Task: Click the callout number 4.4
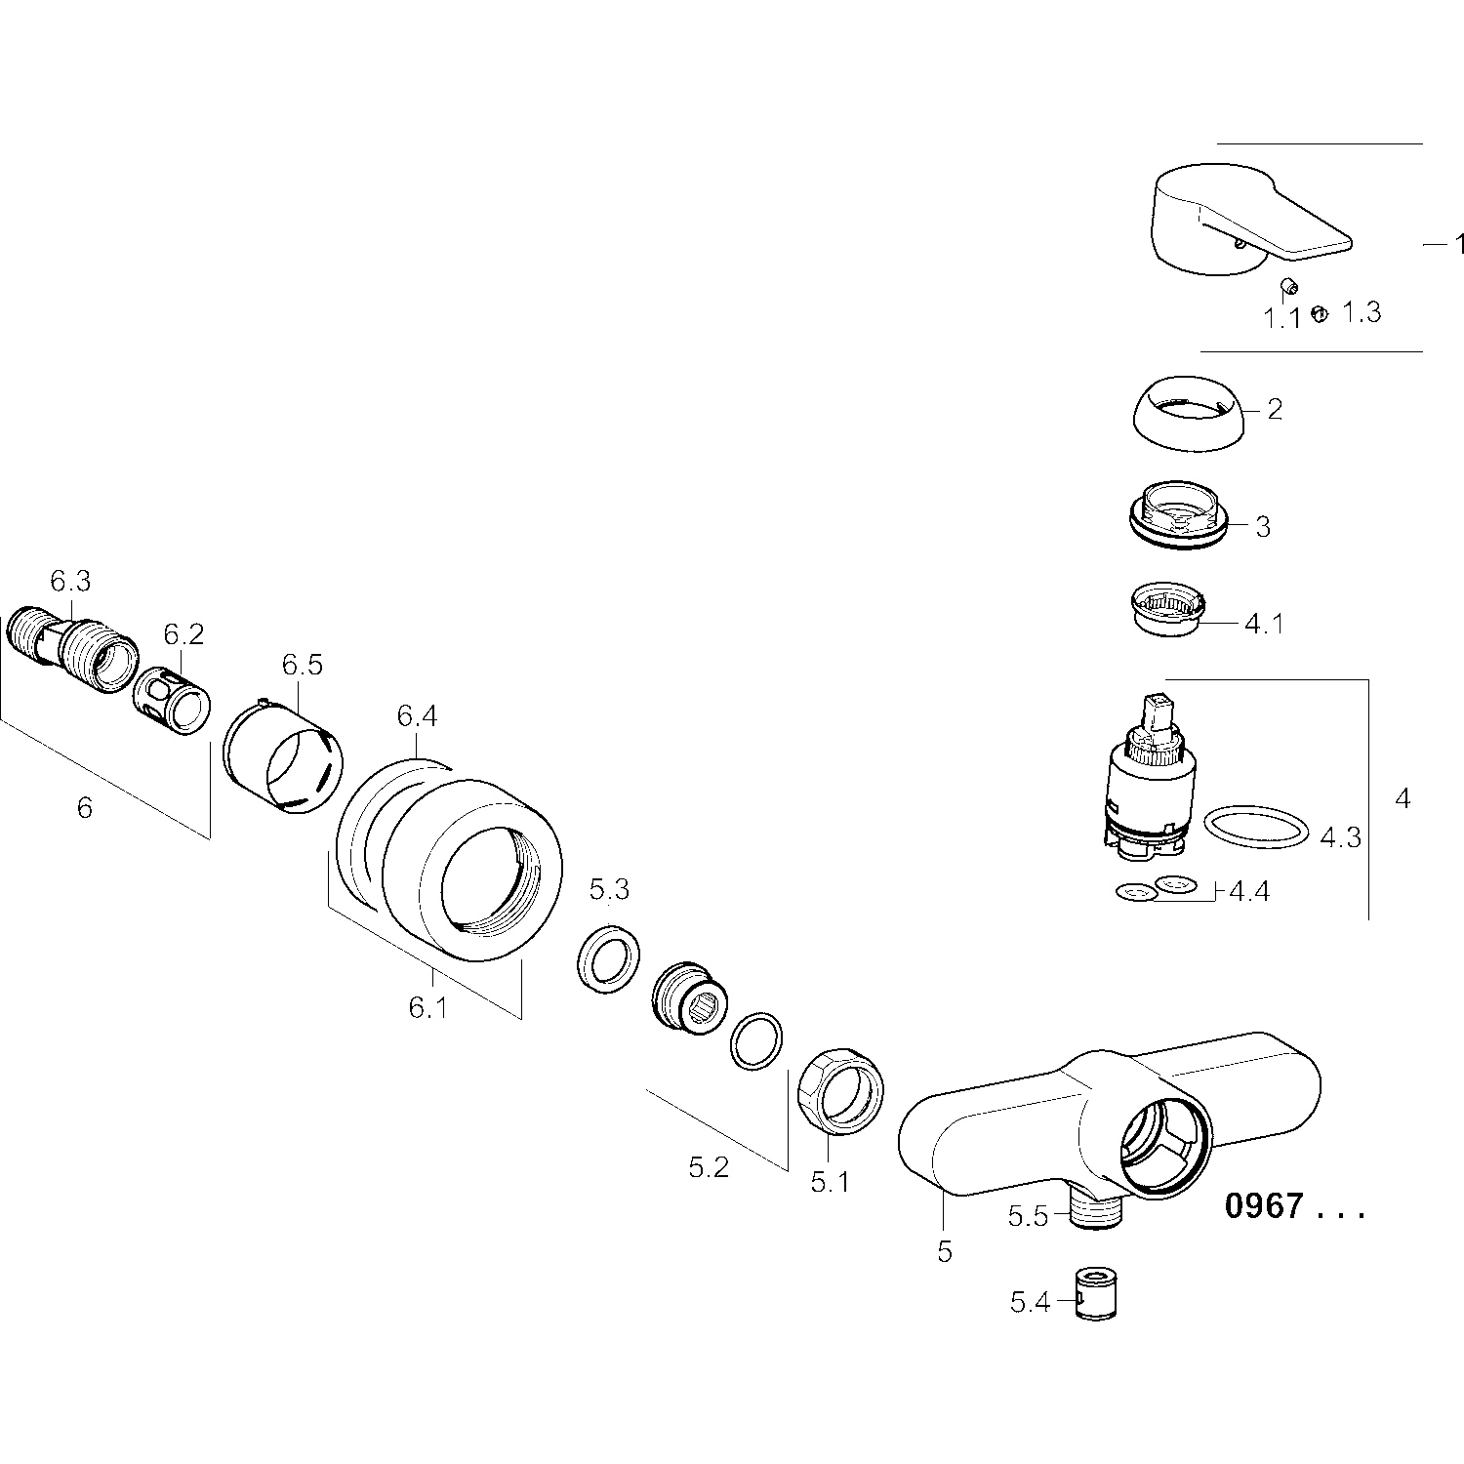pyautogui.click(x=1248, y=892)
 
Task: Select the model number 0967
pyautogui.click(x=1264, y=1206)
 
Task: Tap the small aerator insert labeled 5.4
pyautogui.click(x=1095, y=1294)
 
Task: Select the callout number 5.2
pyautogui.click(x=709, y=1166)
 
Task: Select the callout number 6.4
pyautogui.click(x=417, y=717)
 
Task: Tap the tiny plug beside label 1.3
pyautogui.click(x=1319, y=313)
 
